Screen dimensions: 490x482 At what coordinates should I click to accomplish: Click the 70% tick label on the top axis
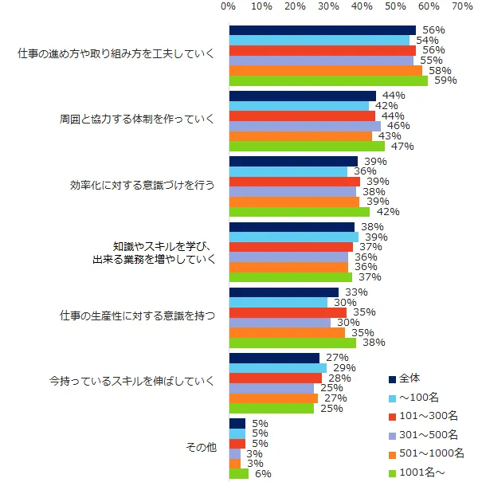pos(462,6)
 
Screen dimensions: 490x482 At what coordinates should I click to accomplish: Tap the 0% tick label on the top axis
pos(228,6)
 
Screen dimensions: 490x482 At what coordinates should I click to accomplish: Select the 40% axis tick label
pos(362,6)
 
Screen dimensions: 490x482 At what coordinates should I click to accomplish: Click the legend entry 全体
pos(409,378)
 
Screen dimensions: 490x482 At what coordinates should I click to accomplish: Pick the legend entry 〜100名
pos(417,397)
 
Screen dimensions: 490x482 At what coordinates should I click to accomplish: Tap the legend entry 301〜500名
pos(427,434)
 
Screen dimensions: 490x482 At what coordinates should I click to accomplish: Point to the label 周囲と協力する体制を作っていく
pos(137,120)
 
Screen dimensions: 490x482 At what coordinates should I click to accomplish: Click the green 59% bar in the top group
pos(328,80)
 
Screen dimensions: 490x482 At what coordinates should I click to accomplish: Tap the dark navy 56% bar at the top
pos(323,30)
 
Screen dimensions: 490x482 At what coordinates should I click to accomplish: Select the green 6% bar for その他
pos(239,473)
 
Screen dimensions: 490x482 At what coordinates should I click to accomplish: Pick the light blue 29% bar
pos(278,368)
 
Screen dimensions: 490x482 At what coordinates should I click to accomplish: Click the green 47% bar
pos(308,146)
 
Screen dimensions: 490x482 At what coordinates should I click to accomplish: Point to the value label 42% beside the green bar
pos(386,212)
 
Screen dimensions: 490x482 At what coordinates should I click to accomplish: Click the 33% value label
pos(355,292)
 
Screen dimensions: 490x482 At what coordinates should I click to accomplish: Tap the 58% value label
pos(439,70)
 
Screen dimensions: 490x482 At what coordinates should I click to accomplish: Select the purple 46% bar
pos(305,126)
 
